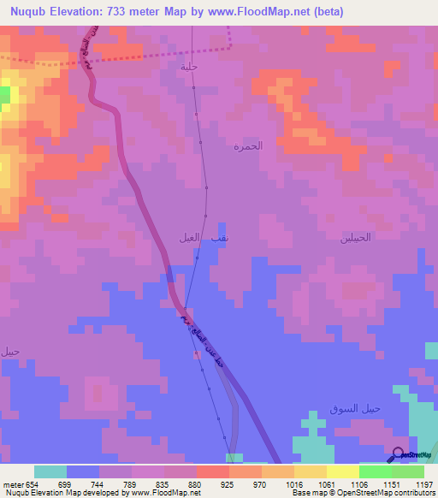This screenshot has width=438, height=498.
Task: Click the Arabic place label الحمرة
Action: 248,146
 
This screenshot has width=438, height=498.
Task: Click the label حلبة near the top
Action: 189,65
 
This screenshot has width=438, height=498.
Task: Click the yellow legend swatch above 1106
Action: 342,471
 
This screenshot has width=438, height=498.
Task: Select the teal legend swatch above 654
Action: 50,471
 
